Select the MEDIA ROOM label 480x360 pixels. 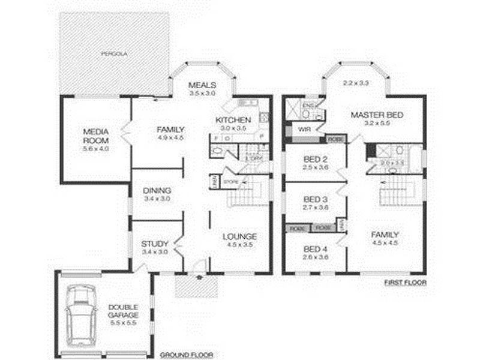(x=95, y=136)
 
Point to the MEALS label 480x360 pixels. (x=202, y=85)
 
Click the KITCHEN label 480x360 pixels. (x=229, y=120)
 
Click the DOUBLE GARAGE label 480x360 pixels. (x=123, y=310)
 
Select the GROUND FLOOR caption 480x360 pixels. (x=186, y=355)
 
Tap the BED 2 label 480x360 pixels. (x=315, y=159)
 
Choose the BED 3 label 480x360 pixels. (x=315, y=199)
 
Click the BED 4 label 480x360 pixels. (x=315, y=249)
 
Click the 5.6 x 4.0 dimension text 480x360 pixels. (x=96, y=148)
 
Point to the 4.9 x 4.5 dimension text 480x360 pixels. (x=170, y=137)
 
